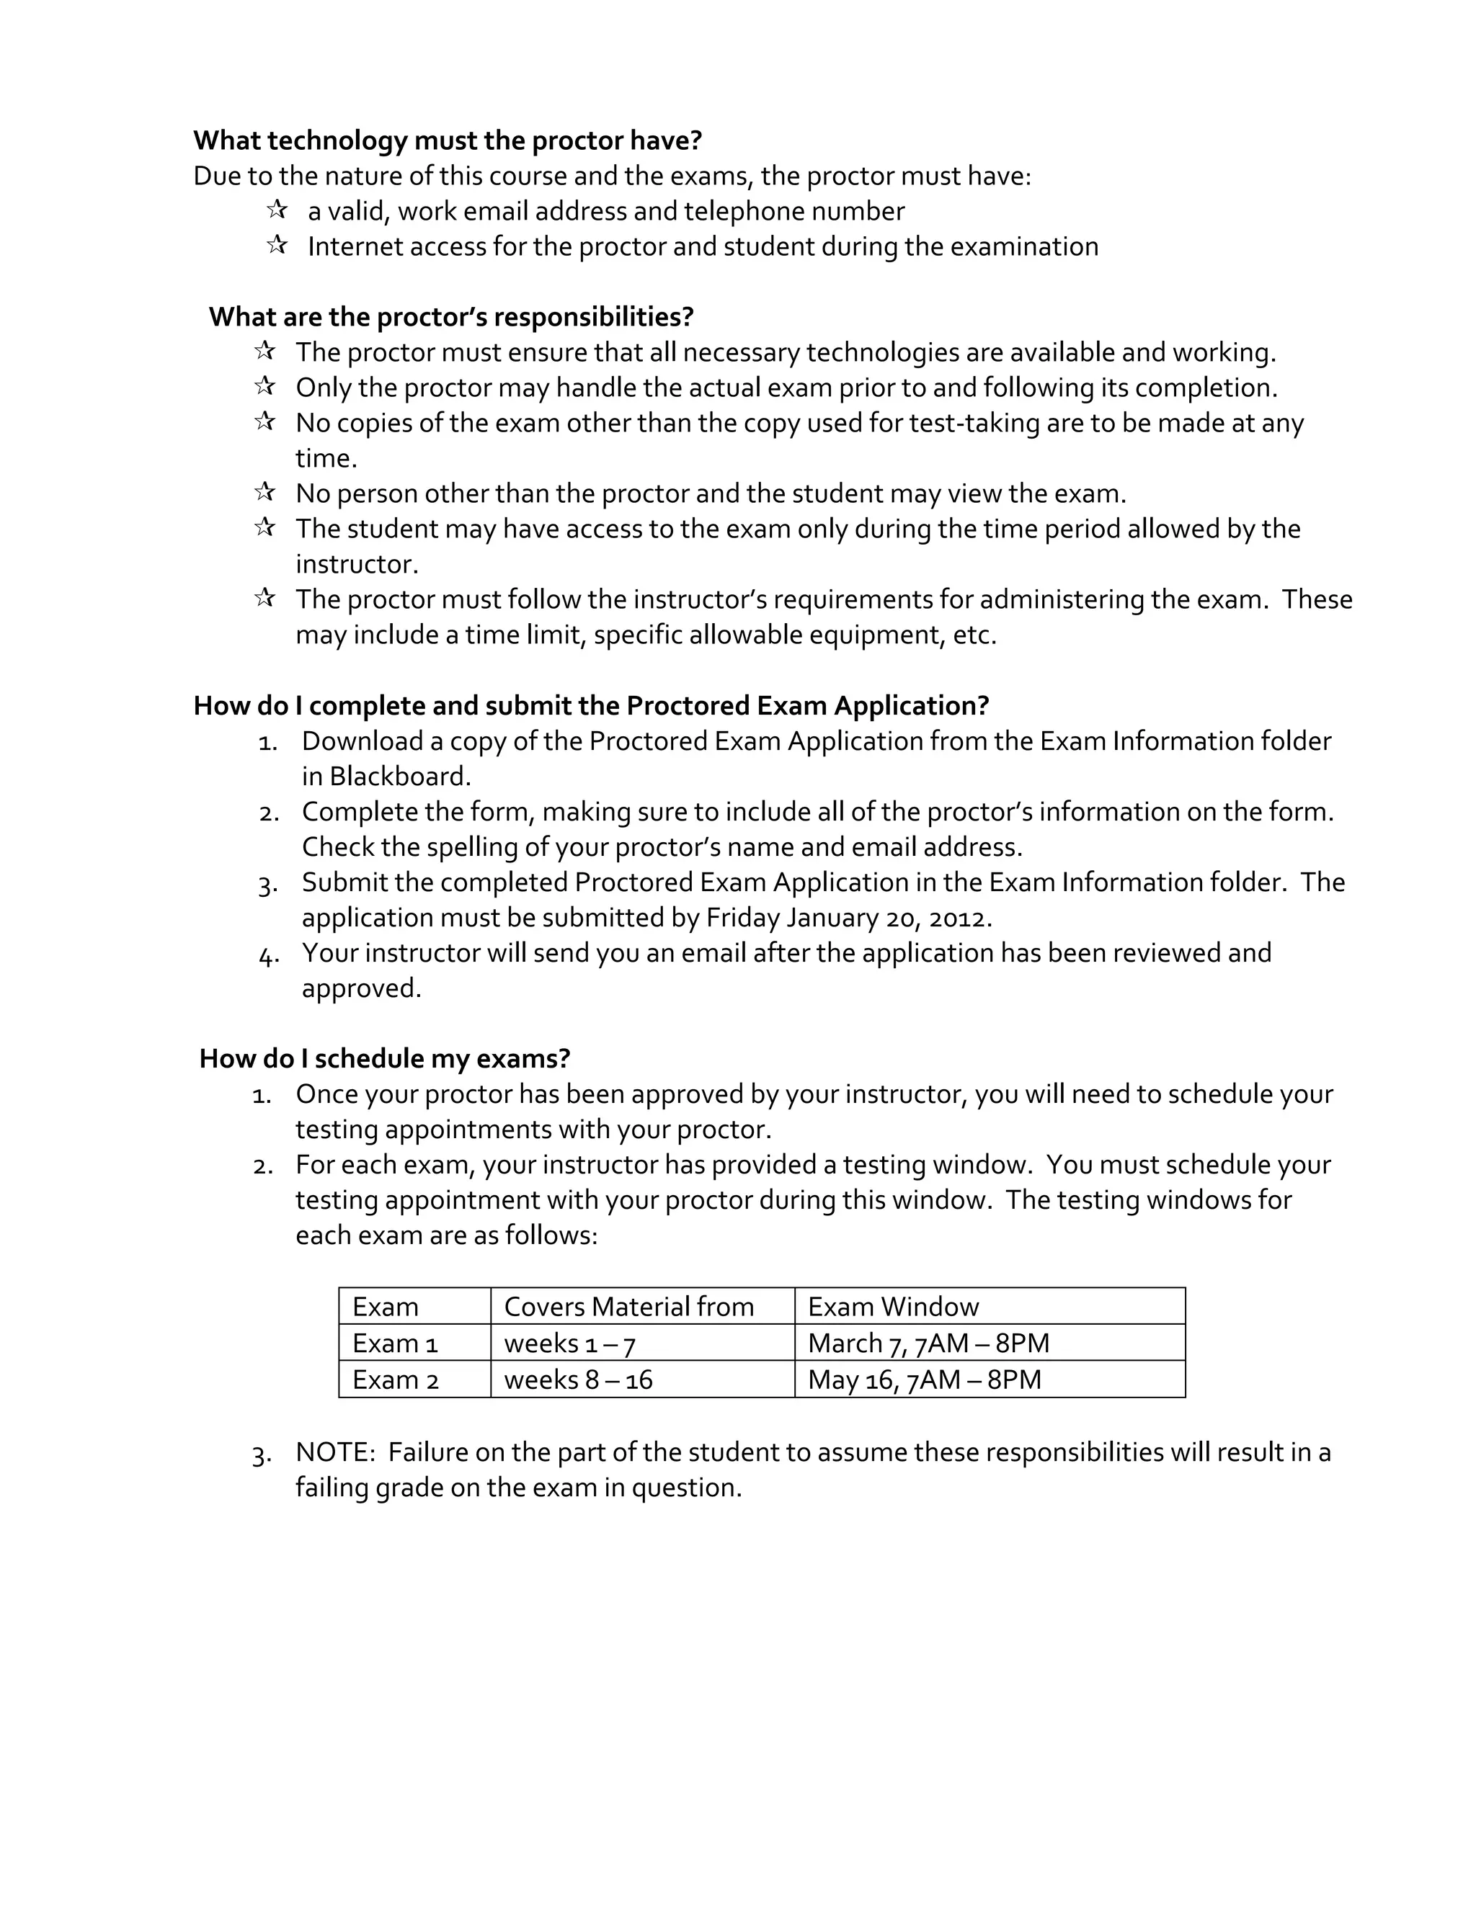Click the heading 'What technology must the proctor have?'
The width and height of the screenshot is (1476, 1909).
tap(448, 140)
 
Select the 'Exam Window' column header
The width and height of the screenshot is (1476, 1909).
tap(893, 1307)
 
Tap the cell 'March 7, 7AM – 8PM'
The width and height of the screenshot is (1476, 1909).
tap(928, 1344)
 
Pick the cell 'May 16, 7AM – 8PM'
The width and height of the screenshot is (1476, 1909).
tap(924, 1380)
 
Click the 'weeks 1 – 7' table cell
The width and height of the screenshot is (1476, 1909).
tap(569, 1344)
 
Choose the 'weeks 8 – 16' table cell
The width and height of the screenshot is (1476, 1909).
tap(578, 1380)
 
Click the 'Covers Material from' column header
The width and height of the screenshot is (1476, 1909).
tap(628, 1307)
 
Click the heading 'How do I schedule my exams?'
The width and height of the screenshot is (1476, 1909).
tap(385, 1058)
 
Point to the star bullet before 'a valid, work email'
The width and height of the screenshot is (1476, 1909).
tap(277, 210)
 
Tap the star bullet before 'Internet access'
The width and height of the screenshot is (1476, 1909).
tap(277, 245)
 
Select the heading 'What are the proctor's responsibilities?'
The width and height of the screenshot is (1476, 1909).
tap(451, 316)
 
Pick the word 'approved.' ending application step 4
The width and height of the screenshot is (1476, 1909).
tap(361, 988)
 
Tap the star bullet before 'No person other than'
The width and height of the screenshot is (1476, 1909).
tap(265, 492)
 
